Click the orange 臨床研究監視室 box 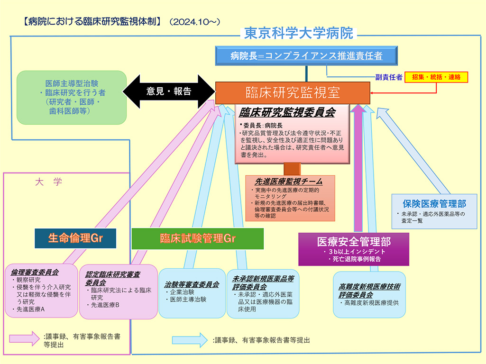292,93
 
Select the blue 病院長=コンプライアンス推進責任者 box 306,55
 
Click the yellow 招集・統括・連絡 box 436,77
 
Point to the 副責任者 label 389,77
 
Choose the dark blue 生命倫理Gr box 75,238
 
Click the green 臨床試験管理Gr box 197,238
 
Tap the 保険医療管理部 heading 434,204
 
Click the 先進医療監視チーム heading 289,181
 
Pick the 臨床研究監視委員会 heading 287,112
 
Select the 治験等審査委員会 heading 192,284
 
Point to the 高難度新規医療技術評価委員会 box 369,294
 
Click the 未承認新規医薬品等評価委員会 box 263,293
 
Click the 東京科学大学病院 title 299,33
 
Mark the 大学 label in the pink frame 48,182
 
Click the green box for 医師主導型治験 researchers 72,97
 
